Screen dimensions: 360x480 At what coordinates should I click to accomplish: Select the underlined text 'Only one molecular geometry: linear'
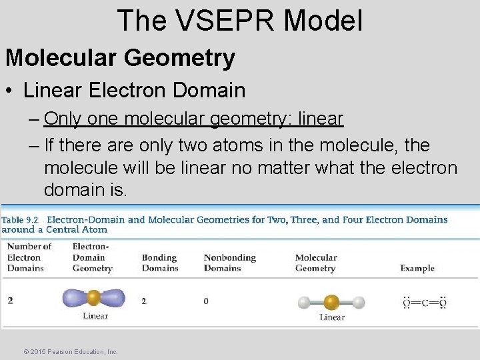click(193, 119)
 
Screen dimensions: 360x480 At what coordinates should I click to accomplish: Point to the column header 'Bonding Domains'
click(160, 263)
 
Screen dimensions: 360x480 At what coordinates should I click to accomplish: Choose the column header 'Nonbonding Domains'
click(223, 263)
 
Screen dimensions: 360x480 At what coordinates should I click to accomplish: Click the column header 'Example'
click(417, 268)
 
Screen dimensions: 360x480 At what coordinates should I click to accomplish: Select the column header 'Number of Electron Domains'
click(25, 257)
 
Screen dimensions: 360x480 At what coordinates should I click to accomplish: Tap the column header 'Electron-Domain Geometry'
click(92, 257)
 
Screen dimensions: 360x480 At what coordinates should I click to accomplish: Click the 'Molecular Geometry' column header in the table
click(315, 263)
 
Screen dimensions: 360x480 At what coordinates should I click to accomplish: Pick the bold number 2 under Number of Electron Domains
click(10, 301)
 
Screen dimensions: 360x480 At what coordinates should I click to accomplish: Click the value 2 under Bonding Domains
click(144, 301)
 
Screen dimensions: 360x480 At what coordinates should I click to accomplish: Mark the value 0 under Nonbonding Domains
click(206, 301)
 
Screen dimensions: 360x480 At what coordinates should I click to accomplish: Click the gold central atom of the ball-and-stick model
click(331, 302)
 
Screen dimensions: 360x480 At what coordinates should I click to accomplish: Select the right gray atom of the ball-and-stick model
click(359, 302)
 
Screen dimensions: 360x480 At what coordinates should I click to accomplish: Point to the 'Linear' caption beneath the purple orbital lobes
click(95, 316)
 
